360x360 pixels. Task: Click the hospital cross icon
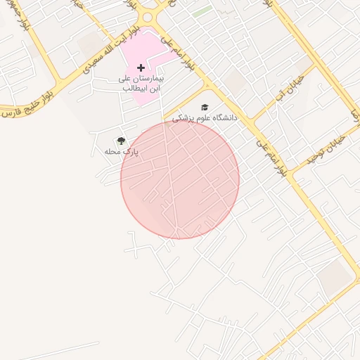tap(141, 67)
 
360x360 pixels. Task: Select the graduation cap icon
tap(205, 108)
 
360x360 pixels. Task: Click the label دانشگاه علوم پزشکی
tap(205, 118)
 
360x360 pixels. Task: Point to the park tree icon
tap(121, 141)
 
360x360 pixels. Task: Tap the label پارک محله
tap(122, 151)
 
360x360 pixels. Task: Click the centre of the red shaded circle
tap(180, 180)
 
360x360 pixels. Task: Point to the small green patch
tap(202, 11)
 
